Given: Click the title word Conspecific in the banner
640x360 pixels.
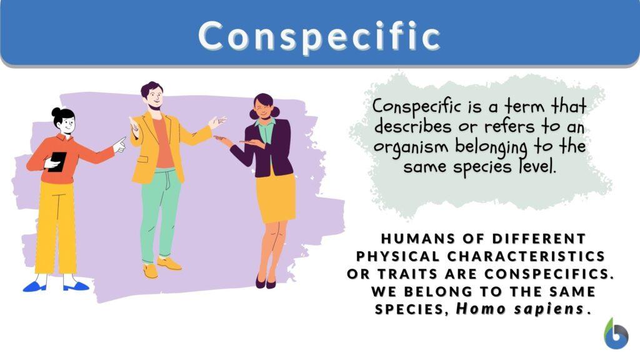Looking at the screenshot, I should point(319,36).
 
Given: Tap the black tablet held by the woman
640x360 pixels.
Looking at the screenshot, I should point(57,161).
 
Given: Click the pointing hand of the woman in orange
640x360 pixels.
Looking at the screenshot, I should point(119,145).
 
